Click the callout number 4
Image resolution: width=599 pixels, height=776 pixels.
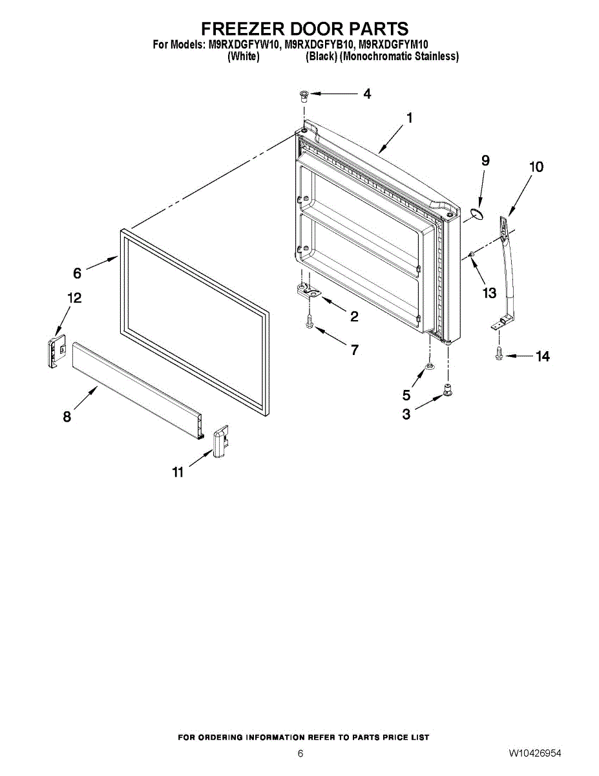tap(367, 94)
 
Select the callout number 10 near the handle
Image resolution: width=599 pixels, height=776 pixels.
tap(536, 167)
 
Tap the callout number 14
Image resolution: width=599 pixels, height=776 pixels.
tap(542, 356)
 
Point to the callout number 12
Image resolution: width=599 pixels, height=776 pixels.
tap(74, 298)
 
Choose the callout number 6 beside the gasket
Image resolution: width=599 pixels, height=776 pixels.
tap(78, 274)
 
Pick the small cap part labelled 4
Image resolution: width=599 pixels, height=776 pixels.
tap(303, 96)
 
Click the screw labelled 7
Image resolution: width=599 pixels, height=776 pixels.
tap(310, 319)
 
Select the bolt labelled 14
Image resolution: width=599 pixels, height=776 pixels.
tap(499, 354)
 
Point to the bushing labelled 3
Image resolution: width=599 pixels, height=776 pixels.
tap(447, 390)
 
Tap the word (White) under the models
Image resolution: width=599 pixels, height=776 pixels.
tap(244, 56)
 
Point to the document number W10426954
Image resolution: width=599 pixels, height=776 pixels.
tap(534, 753)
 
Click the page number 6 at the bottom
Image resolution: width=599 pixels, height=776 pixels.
tap(300, 753)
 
